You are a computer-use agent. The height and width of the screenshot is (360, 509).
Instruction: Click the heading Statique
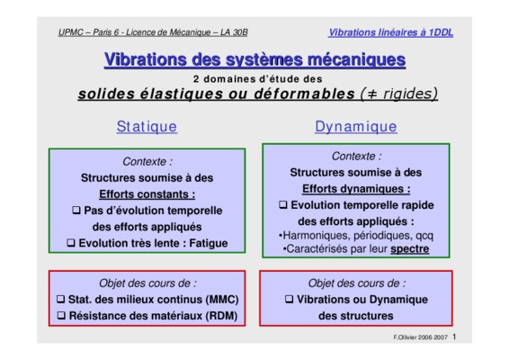tap(147, 126)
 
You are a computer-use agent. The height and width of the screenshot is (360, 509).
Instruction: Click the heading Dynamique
tap(356, 126)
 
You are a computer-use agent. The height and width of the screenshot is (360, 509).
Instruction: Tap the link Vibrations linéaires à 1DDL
tap(391, 32)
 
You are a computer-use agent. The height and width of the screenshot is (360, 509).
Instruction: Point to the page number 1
tap(454, 337)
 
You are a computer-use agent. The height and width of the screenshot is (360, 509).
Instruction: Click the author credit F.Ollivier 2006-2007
tap(420, 337)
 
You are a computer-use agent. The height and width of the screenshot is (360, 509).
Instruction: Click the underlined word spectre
tap(410, 249)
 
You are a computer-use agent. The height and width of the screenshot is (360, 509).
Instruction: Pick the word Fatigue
tap(209, 243)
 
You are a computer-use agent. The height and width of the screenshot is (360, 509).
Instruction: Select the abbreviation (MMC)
tap(222, 299)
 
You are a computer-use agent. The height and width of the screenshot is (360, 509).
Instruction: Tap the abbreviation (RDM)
tap(222, 316)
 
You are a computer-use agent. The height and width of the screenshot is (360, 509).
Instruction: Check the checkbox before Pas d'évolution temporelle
tap(76, 210)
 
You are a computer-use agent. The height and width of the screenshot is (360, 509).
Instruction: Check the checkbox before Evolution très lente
tap(71, 242)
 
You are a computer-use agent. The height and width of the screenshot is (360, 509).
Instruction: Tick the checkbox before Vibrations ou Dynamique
tap(289, 299)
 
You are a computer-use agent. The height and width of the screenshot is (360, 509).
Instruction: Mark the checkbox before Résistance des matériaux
tap(61, 315)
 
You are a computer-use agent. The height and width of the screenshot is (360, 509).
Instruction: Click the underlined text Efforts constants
tap(147, 194)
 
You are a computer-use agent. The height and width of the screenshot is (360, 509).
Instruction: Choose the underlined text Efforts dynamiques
tap(356, 189)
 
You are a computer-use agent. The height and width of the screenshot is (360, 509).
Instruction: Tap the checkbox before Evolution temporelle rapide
tap(283, 204)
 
